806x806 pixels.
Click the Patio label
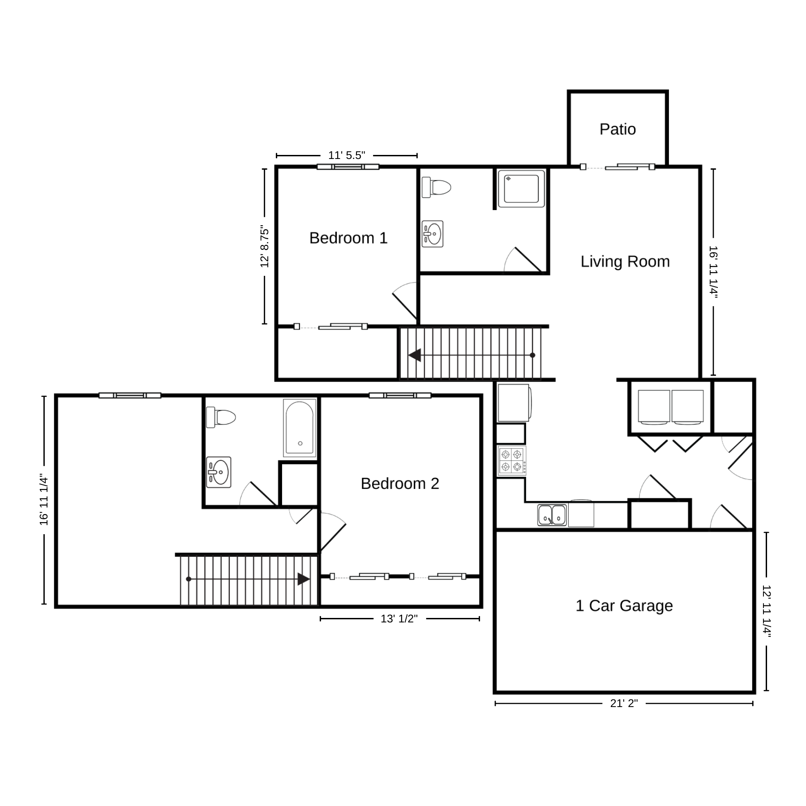pos(617,129)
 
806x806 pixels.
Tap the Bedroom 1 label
pos(348,238)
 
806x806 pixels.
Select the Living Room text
pos(625,262)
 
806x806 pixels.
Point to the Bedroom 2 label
pos(400,484)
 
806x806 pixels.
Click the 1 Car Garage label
pos(624,606)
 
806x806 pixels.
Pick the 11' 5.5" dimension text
pos(347,155)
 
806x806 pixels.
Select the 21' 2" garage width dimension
pos(624,703)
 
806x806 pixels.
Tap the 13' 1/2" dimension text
pos(399,619)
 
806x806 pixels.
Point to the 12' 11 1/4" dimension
pos(767,611)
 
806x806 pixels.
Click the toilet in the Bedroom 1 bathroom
pos(436,187)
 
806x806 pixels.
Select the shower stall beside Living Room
pos(521,189)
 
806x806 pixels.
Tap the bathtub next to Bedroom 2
pos(300,428)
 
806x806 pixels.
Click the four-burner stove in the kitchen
pos(511,461)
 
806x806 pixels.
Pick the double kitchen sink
pos(552,515)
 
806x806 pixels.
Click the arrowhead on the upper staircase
pos(415,355)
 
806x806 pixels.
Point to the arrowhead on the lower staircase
pos(304,579)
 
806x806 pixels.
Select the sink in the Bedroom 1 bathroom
pos(433,234)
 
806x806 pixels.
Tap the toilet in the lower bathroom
pos(221,418)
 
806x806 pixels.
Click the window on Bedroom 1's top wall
pos(348,167)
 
